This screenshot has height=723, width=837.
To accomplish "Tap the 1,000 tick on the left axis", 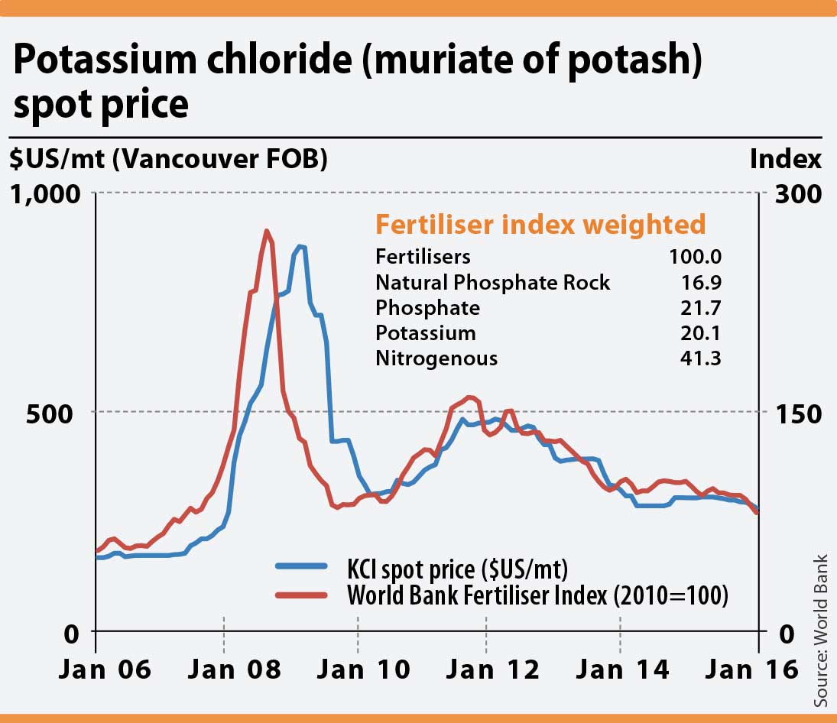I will click(45, 193).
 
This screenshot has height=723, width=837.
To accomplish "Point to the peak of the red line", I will click(266, 231).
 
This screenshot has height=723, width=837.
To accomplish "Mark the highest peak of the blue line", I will click(300, 246).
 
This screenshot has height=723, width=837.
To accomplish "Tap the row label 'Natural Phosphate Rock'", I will click(492, 282).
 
